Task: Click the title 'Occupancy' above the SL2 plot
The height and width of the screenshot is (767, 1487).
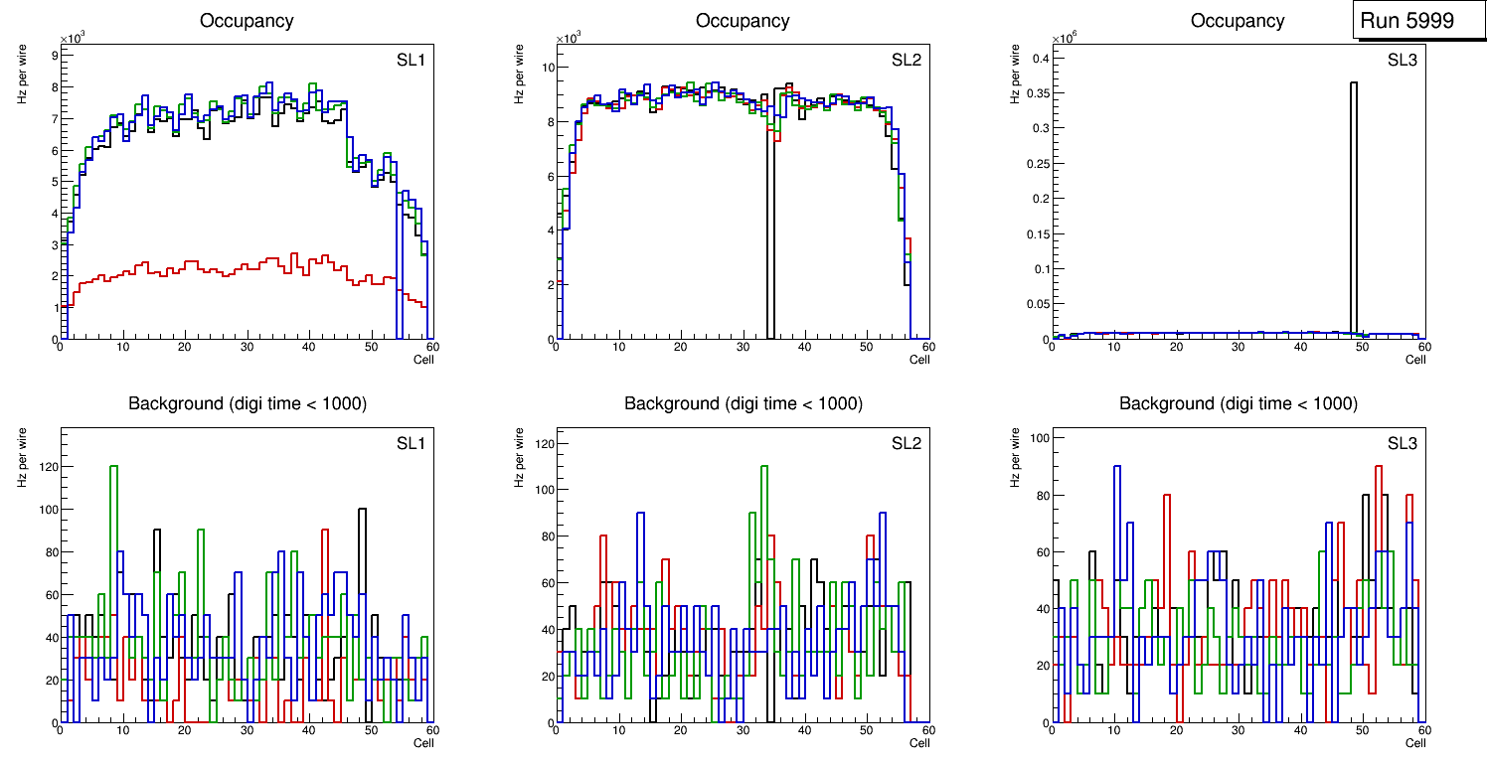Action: [743, 21]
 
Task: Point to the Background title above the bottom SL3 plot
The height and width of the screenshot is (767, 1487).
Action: [1238, 403]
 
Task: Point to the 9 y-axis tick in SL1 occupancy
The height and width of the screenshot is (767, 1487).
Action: [54, 56]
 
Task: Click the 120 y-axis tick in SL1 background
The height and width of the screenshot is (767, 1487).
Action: [46, 467]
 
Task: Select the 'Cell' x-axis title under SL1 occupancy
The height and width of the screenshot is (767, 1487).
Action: [423, 360]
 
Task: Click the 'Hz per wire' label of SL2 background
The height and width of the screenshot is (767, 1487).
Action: [519, 457]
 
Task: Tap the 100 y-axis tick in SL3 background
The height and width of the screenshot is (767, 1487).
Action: [1039, 437]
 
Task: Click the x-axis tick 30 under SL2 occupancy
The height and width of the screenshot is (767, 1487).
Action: [742, 348]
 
